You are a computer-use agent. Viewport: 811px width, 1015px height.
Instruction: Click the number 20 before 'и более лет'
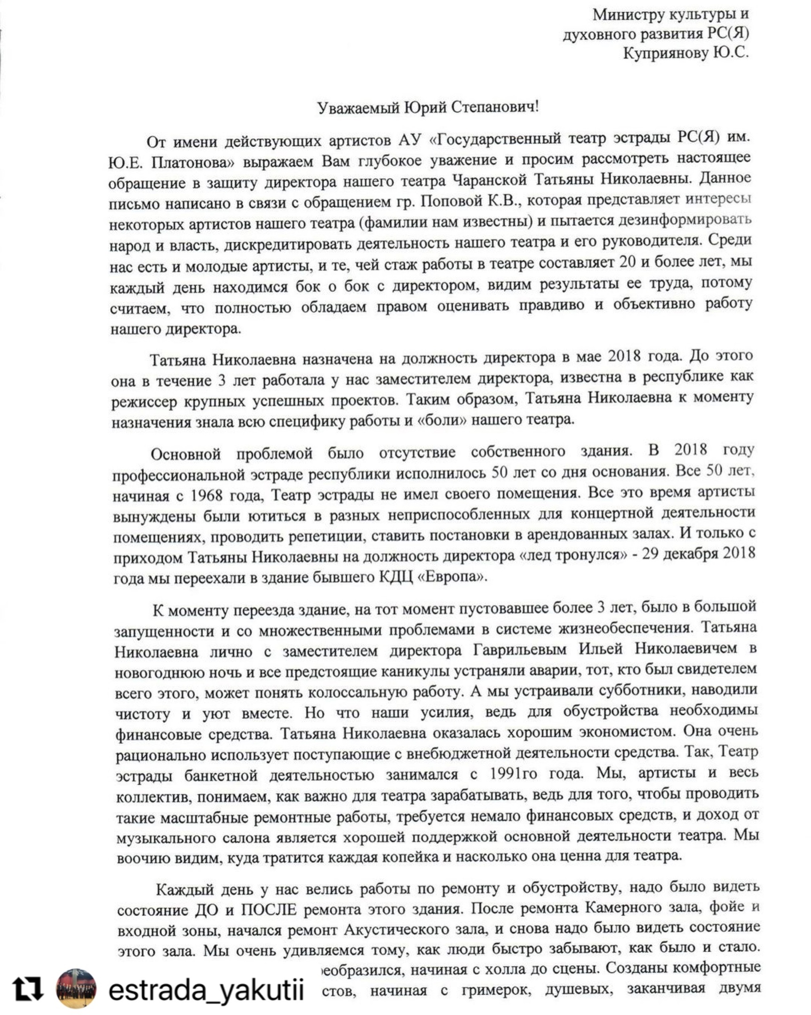coord(627,262)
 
